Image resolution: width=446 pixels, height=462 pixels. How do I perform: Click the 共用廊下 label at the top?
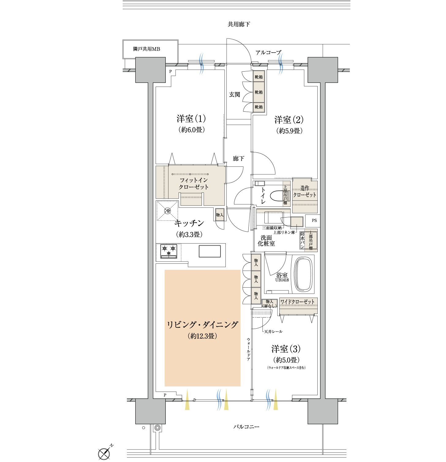click(239, 24)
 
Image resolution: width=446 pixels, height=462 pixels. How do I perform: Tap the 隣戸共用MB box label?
click(146, 49)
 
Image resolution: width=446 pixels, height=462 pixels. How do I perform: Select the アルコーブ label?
click(268, 53)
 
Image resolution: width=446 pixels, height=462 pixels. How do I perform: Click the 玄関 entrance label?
click(235, 95)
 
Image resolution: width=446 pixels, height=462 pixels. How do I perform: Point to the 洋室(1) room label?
click(191, 119)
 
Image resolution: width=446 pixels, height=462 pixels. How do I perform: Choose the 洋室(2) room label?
click(289, 120)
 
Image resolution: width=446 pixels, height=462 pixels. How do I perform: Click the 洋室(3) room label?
click(286, 349)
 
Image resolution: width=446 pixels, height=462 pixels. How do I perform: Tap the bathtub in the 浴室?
click(304, 274)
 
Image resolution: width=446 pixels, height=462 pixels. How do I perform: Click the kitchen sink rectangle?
click(210, 251)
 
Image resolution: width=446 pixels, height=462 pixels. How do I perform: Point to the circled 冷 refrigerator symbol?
click(168, 211)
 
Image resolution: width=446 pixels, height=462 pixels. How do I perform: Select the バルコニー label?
click(246, 427)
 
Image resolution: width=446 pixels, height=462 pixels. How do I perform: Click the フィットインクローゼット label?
click(194, 184)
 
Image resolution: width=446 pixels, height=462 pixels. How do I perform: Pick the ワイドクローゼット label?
click(297, 302)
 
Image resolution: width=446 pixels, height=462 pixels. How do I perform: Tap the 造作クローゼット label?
click(304, 192)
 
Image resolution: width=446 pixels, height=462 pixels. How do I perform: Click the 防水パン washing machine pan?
click(303, 240)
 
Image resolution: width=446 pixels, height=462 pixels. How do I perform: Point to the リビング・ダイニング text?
click(202, 325)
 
